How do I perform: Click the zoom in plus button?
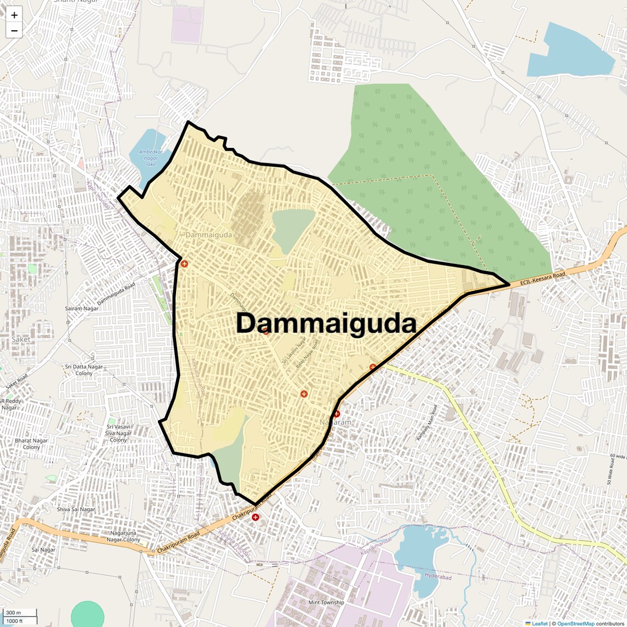point(14,15)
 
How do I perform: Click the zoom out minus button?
point(14,31)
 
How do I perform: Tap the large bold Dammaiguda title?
point(326,323)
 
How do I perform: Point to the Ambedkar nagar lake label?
point(148,158)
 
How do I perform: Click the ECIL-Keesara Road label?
point(542,279)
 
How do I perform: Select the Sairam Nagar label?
point(82,309)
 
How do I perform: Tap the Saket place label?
point(21,339)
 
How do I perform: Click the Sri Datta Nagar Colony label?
point(84,370)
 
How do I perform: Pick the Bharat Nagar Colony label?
point(31,444)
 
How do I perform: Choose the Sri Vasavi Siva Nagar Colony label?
point(119,433)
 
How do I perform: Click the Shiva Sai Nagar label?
point(76,509)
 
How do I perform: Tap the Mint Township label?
point(326,602)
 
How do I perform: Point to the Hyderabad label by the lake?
point(438,577)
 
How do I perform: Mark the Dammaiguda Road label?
point(116,294)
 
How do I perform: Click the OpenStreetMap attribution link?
point(576,623)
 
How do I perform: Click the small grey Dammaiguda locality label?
point(208,235)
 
